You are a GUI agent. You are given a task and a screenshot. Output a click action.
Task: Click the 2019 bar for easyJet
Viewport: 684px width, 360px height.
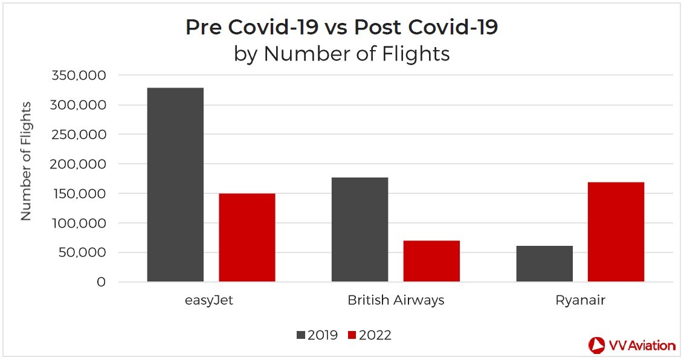click(175, 185)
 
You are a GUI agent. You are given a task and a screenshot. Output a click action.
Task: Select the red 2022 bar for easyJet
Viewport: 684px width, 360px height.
click(247, 237)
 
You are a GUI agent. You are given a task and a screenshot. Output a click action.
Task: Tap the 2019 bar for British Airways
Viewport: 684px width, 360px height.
click(360, 230)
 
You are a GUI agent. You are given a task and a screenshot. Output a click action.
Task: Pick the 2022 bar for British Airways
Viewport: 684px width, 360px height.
click(431, 261)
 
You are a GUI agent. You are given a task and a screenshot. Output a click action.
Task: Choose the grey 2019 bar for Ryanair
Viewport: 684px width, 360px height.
click(544, 263)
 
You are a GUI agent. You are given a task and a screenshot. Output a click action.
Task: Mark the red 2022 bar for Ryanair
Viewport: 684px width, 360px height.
click(616, 232)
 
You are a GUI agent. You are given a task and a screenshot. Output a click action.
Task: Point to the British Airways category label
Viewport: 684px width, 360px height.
click(396, 300)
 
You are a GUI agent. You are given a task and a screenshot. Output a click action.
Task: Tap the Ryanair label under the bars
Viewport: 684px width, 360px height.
click(580, 300)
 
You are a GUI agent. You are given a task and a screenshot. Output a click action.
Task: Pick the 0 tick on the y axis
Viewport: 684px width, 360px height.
click(100, 282)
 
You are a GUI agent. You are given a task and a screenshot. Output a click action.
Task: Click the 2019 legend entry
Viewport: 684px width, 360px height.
click(317, 335)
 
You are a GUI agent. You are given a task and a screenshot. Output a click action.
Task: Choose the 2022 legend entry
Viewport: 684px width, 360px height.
click(369, 335)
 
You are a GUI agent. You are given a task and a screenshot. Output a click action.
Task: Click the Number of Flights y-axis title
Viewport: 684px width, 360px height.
click(26, 161)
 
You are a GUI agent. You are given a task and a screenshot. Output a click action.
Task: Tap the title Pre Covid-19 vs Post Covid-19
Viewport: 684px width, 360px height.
click(341, 27)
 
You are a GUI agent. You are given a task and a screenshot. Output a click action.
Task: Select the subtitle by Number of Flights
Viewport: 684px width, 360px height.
click(341, 54)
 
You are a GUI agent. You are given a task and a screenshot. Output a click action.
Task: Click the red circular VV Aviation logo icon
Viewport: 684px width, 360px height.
click(597, 345)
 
